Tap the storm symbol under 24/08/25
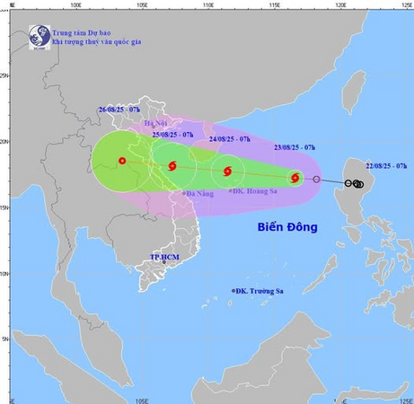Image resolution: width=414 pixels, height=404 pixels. pos(227,171)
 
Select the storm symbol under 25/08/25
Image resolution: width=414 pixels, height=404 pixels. pos(172,166)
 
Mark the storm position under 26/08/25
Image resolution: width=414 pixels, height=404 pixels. pos(122,162)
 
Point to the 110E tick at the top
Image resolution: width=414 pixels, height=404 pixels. pos(207,4)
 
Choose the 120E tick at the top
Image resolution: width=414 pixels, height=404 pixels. pos(341,4)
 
